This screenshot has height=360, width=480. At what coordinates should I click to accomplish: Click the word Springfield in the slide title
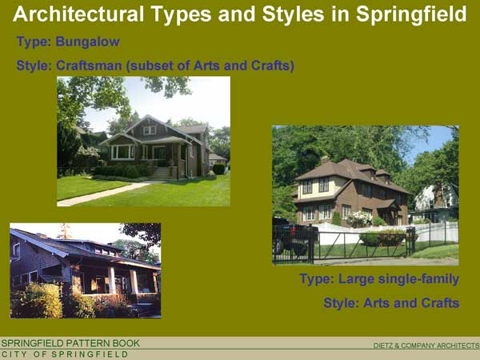411,14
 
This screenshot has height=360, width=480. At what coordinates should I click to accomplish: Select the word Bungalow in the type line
87,42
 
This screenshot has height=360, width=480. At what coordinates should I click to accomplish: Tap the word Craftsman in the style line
89,66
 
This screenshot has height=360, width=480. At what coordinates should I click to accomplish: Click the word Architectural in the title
78,14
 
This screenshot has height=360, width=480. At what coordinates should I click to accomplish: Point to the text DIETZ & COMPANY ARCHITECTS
426,346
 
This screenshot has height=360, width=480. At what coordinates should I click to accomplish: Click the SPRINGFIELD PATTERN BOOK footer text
70,343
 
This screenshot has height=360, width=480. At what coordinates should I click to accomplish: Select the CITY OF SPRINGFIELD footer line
65,354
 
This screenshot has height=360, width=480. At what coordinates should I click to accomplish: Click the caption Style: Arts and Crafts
391,303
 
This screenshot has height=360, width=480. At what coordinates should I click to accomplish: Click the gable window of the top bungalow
150,130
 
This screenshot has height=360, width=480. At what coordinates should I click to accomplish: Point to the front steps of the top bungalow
161,174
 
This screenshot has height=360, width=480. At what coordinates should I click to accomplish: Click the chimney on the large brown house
325,160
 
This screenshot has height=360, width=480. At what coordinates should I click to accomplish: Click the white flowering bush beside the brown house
359,218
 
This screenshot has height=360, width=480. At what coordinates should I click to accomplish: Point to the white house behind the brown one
435,202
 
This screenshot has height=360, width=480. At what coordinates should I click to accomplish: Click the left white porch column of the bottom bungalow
112,281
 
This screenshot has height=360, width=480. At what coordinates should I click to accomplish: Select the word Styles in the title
293,14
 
